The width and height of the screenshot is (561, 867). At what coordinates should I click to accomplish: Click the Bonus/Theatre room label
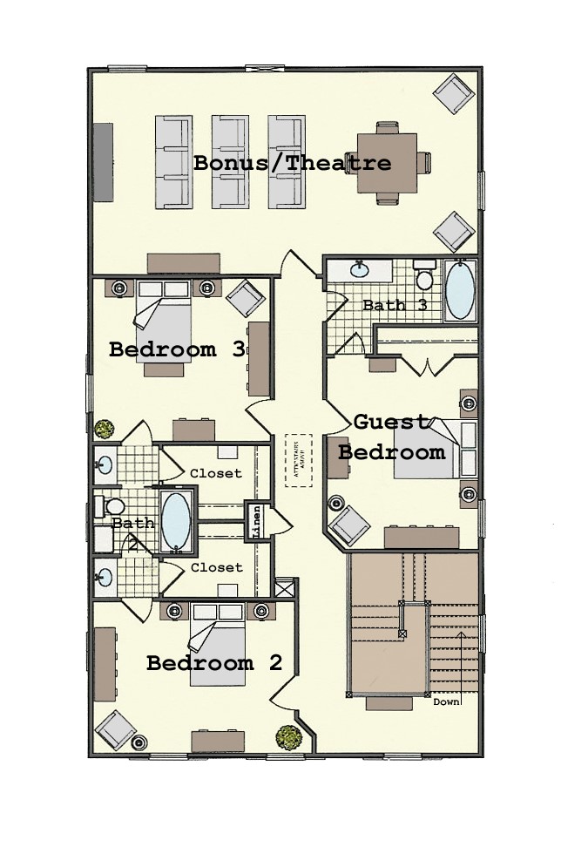tap(292, 163)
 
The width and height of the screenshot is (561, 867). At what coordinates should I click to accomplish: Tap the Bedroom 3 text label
tap(176, 349)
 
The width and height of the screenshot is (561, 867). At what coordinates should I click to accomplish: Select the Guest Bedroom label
tap(391, 437)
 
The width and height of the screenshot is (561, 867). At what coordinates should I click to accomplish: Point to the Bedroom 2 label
tap(213, 663)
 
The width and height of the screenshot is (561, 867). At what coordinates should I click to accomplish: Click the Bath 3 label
tap(395, 305)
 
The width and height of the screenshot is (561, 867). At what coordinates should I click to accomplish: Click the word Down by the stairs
tap(447, 701)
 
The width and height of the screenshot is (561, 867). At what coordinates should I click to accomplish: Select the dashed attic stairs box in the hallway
tap(298, 460)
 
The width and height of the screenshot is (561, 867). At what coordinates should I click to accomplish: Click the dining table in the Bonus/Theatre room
tap(387, 162)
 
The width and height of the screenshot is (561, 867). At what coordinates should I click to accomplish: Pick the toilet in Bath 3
tap(424, 276)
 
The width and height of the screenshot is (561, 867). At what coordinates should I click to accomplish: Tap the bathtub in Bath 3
tap(460, 290)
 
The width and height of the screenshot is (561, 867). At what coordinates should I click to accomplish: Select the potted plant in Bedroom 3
tap(105, 429)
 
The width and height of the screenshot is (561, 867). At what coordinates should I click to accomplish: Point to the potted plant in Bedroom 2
tap(288, 737)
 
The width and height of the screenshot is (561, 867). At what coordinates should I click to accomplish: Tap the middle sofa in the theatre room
tap(230, 162)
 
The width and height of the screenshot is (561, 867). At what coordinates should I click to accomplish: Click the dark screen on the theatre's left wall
tap(103, 162)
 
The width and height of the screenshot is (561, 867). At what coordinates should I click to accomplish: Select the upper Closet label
tap(216, 473)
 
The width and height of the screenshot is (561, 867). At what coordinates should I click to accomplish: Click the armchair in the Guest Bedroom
tap(348, 525)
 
